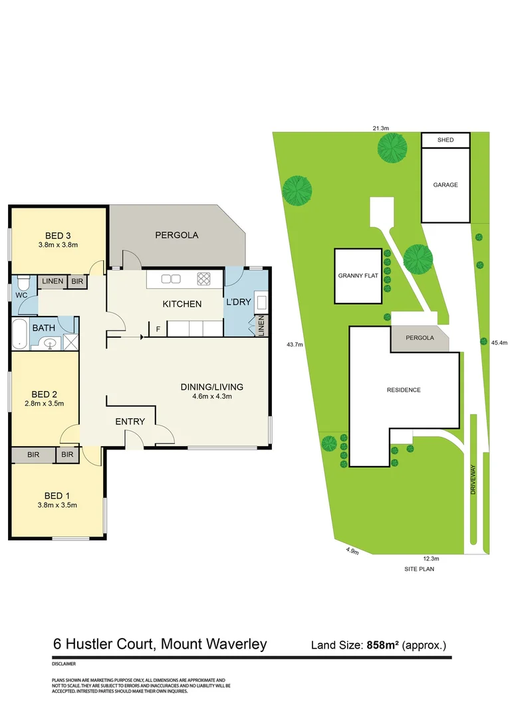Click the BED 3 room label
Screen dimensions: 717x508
pos(58,236)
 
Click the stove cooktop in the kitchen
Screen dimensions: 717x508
pos(203,279)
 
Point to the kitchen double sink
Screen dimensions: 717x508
pos(170,279)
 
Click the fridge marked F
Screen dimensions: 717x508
pos(158,329)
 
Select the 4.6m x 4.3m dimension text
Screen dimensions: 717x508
pos(211,397)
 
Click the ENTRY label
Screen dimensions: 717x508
pos(130,422)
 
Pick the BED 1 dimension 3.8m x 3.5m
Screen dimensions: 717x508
pos(58,505)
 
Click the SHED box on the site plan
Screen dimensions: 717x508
pos(445,140)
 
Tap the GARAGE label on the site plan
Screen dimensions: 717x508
pos(445,185)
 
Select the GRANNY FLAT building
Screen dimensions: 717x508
pos(358,276)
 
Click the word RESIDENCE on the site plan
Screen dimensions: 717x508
pos(404,390)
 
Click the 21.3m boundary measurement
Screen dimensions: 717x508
pos(380,127)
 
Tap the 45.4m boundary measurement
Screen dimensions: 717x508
pos(499,343)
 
